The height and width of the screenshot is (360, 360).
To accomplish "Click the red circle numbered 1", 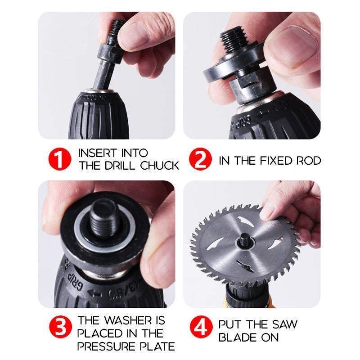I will (60, 160).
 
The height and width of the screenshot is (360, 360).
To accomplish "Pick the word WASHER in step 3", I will (129, 321).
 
